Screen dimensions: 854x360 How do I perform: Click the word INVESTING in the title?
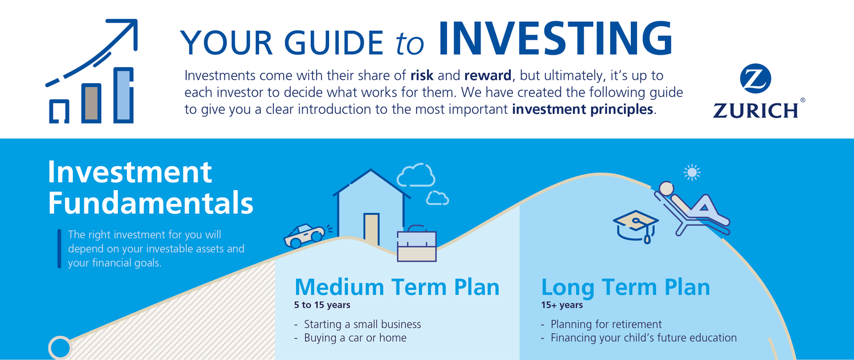click(x=556, y=39)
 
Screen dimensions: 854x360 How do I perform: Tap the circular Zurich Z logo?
click(x=756, y=79)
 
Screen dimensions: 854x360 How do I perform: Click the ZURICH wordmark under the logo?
click(x=756, y=111)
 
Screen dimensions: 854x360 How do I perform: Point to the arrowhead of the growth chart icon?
click(x=126, y=31)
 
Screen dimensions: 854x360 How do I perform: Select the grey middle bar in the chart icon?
click(x=92, y=103)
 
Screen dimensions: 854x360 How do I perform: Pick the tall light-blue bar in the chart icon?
click(x=124, y=95)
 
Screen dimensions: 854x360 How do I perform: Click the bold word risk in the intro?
click(x=422, y=76)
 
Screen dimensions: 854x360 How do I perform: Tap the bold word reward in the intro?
click(x=487, y=76)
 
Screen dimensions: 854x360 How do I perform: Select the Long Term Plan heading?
click(x=626, y=288)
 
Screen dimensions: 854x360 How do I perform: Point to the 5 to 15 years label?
click(x=322, y=305)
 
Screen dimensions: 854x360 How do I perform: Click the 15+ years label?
click(x=562, y=305)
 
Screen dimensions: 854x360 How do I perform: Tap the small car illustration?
click(x=304, y=236)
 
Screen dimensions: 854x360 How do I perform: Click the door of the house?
click(x=371, y=229)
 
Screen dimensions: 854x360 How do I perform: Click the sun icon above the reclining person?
click(x=692, y=173)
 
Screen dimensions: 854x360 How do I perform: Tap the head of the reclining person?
click(x=667, y=189)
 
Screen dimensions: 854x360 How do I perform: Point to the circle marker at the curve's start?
click(x=60, y=348)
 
